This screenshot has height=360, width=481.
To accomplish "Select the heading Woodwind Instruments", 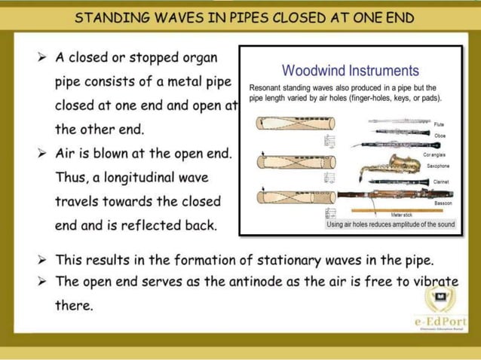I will (x=350, y=71).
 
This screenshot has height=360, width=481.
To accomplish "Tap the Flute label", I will (x=439, y=124).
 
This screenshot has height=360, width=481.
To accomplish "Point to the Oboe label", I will (x=440, y=135).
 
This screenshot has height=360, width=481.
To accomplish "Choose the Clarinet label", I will (x=441, y=182).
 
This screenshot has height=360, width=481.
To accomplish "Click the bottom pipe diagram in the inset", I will (x=287, y=197).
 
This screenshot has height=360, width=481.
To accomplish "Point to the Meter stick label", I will (x=401, y=215).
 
